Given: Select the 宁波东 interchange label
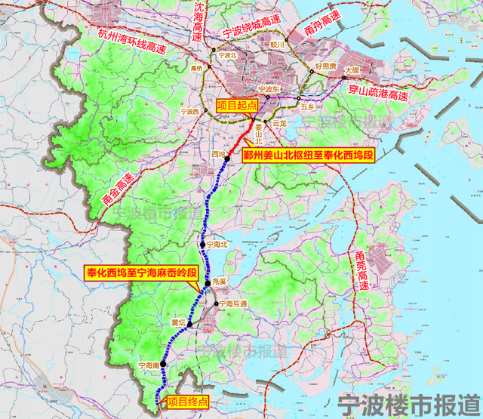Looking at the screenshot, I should pyautogui.click(x=269, y=90).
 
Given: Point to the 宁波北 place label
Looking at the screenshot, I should pyautogui.click(x=226, y=55).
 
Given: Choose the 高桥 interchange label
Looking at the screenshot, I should pyautogui.click(x=197, y=68).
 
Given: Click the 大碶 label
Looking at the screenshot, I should pyautogui.click(x=352, y=70).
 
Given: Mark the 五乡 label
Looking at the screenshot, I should pyautogui.click(x=306, y=107).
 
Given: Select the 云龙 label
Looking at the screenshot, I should pyautogui.click(x=280, y=122).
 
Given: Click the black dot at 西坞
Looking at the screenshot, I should pyautogui.click(x=226, y=159).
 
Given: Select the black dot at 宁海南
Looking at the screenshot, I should pyautogui.click(x=163, y=365).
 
